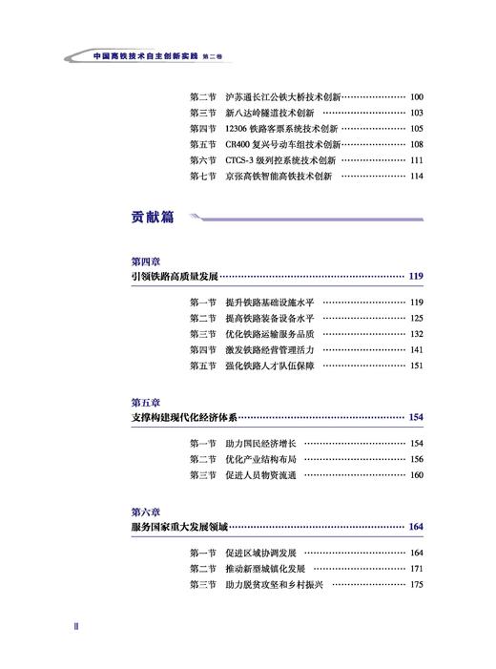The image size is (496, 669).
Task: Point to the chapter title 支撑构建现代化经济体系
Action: (x=184, y=418)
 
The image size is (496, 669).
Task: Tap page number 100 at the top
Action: (x=416, y=97)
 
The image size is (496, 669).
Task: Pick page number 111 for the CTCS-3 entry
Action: (x=416, y=160)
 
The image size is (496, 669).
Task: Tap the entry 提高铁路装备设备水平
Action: (x=270, y=318)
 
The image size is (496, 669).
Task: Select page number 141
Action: (x=416, y=349)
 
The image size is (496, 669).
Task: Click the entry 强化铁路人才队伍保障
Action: (x=270, y=366)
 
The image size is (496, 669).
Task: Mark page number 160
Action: (x=416, y=475)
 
